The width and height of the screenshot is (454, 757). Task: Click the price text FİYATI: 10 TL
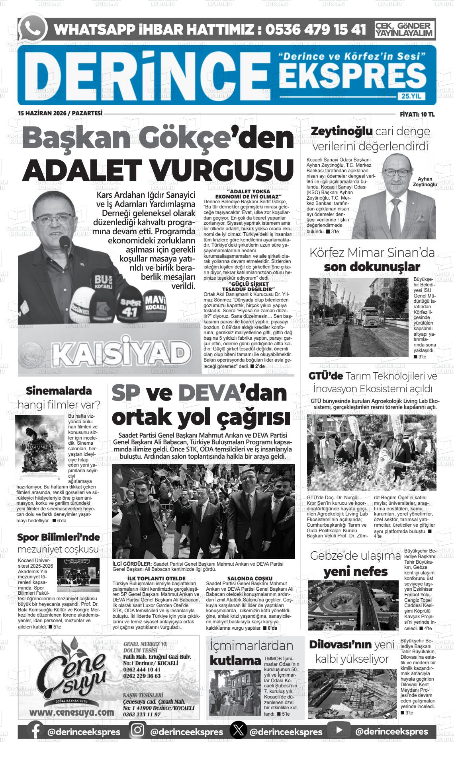[x=417, y=114]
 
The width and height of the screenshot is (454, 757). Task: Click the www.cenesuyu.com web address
[x=72, y=712]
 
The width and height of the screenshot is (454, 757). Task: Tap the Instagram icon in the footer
[x=138, y=730]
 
